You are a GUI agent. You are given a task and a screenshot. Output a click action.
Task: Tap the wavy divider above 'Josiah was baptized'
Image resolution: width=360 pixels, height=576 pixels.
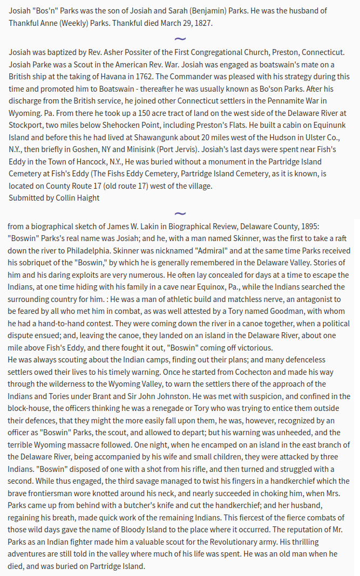coord(180,39)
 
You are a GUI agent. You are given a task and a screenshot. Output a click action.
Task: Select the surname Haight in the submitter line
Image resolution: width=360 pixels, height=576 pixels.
coord(89,197)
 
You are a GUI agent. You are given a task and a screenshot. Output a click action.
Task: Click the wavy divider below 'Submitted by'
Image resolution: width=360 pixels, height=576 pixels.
coord(180,214)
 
